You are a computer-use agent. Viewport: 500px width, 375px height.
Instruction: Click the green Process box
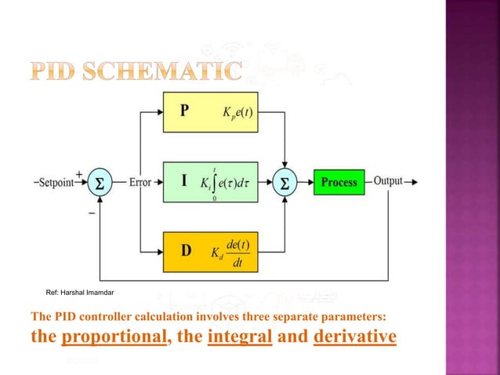(339, 183)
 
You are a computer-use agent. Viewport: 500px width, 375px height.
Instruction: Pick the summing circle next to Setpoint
(100, 182)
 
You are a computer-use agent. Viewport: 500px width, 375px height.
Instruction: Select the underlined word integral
(239, 337)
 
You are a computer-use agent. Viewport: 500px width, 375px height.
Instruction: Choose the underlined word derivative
(354, 337)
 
